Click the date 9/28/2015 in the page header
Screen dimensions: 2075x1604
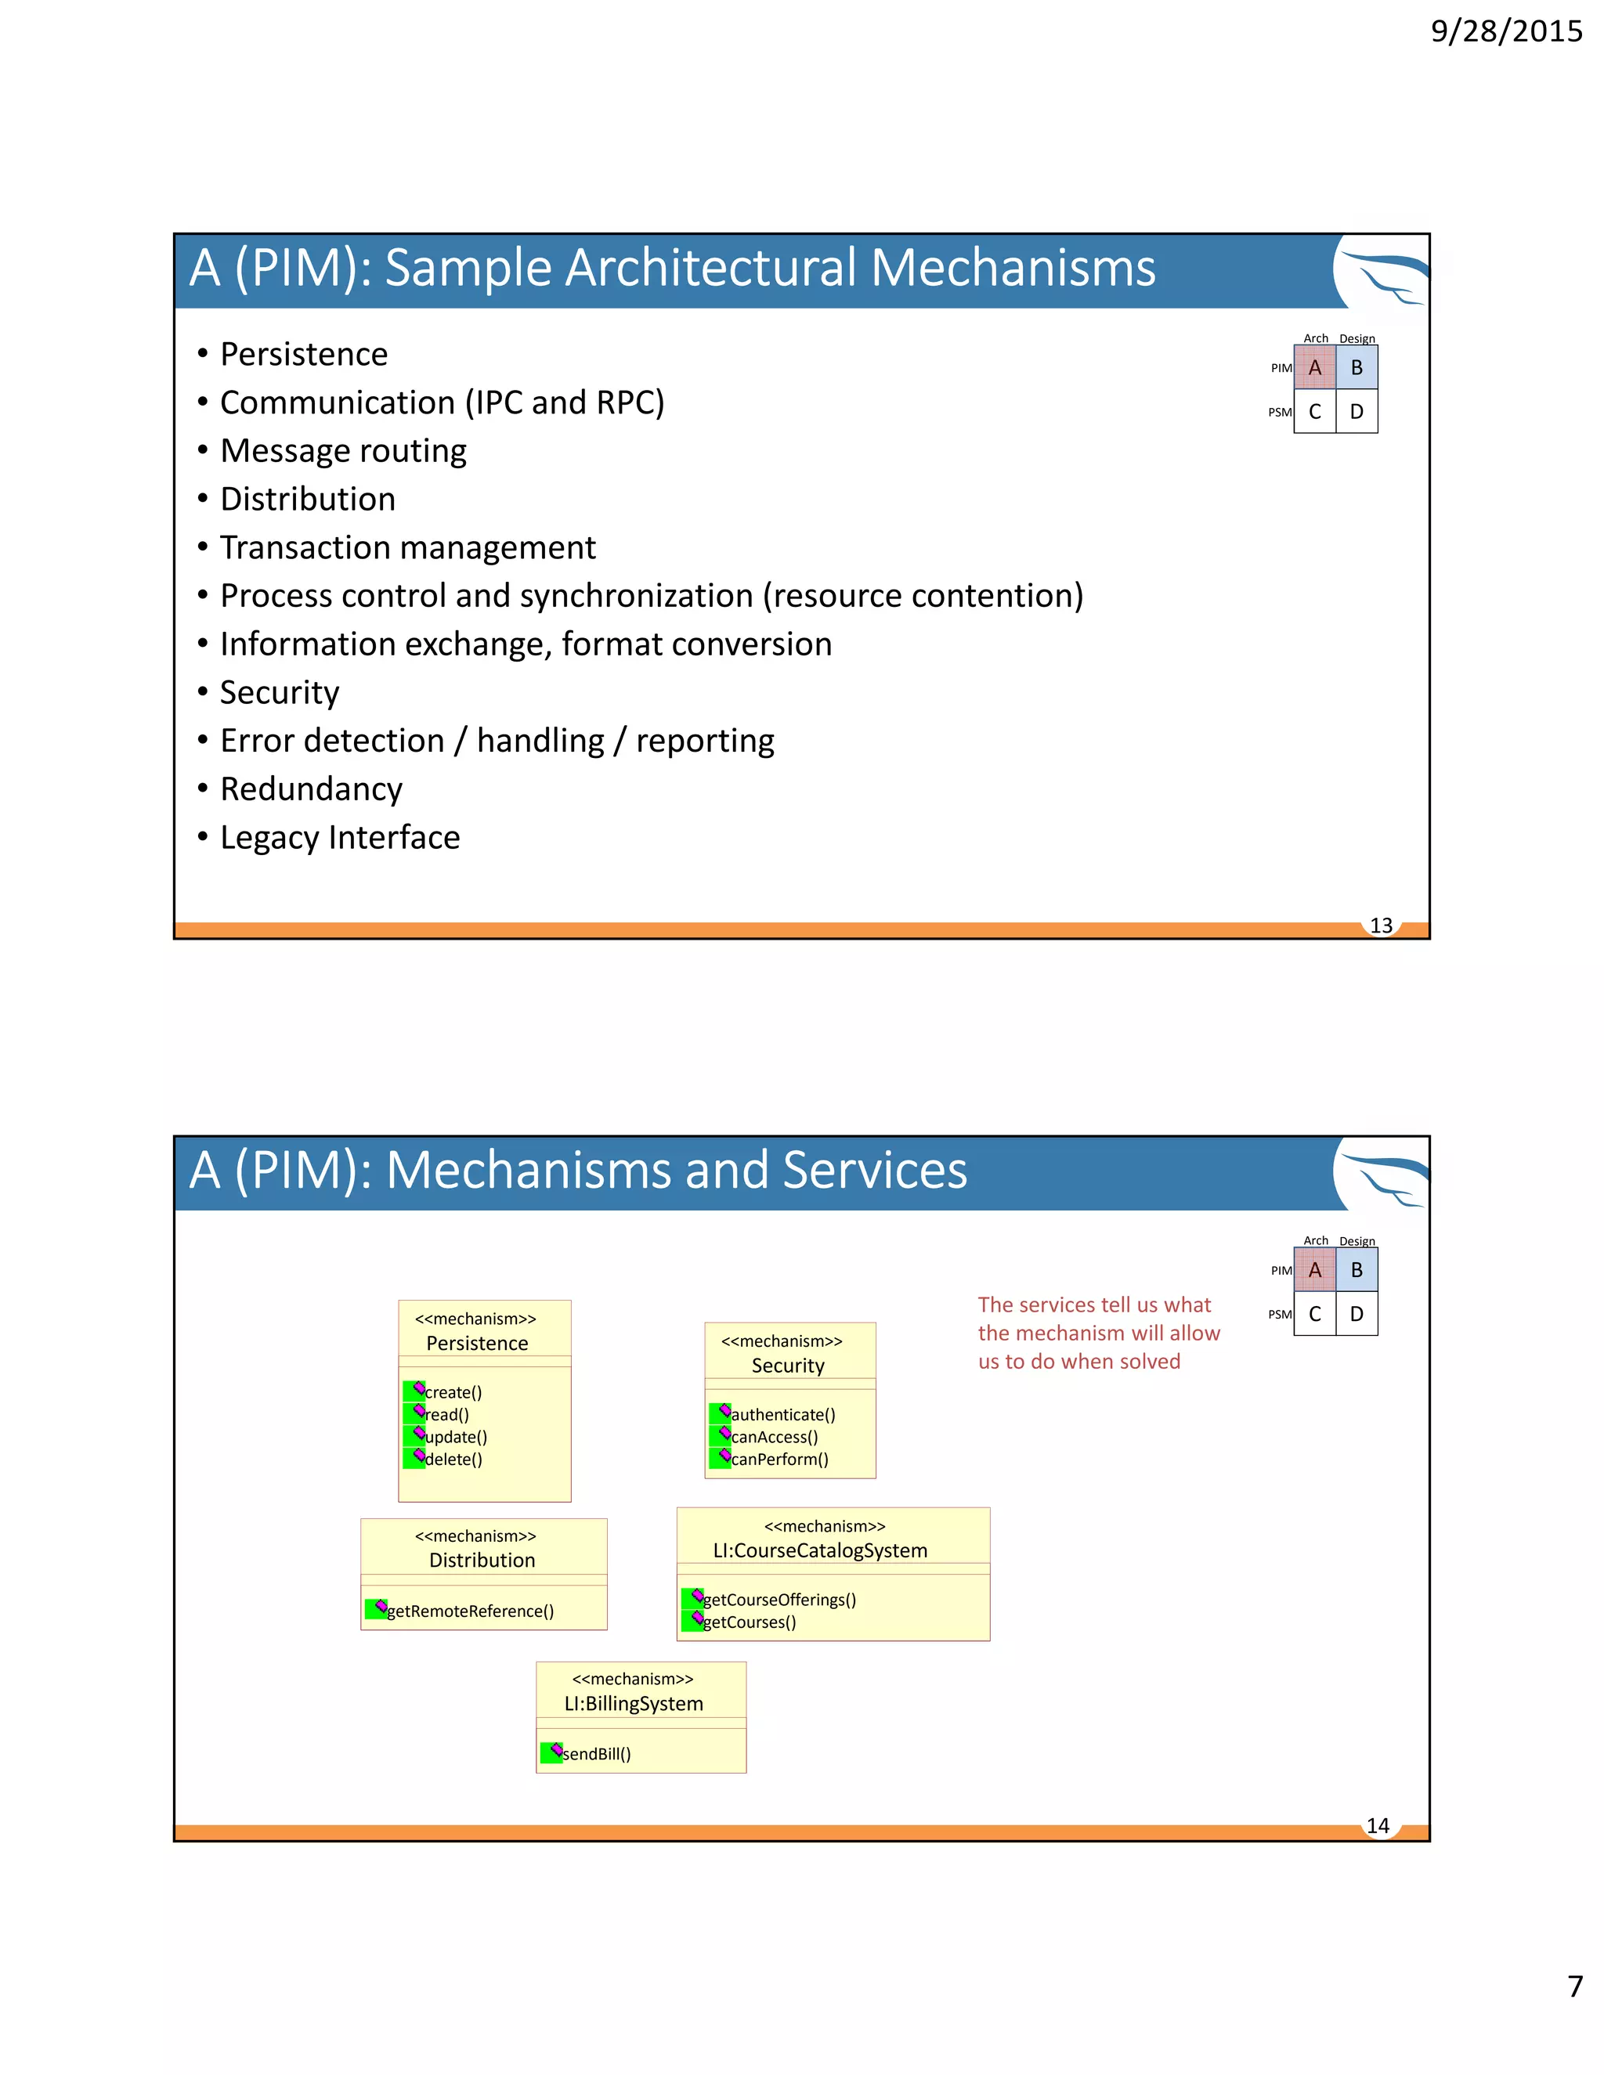pyautogui.click(x=1506, y=31)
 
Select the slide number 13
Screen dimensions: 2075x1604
pyautogui.click(x=1381, y=926)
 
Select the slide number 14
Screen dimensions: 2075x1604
pyautogui.click(x=1378, y=1825)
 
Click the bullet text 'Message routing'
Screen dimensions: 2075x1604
pyautogui.click(x=343, y=450)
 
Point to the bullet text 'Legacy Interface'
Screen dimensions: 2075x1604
pyautogui.click(x=339, y=837)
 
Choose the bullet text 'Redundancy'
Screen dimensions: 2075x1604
pyautogui.click(x=311, y=788)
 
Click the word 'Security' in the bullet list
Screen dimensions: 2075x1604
pyautogui.click(x=280, y=691)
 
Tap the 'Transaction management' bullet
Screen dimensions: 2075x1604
pyautogui.click(x=407, y=547)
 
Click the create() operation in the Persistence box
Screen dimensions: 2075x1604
pyautogui.click(x=453, y=1392)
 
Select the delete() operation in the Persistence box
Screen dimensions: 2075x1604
pyautogui.click(x=453, y=1460)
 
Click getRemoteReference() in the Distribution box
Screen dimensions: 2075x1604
pyautogui.click(x=469, y=1611)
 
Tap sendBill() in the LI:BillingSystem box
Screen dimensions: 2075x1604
pyautogui.click(x=596, y=1754)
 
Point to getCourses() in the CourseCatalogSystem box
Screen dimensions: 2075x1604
pyautogui.click(x=749, y=1622)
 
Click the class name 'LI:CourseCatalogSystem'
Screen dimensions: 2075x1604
pyautogui.click(x=820, y=1550)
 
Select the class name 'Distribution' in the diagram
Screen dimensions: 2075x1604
pyautogui.click(x=482, y=1560)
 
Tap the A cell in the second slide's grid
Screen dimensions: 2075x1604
pyautogui.click(x=1314, y=1270)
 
